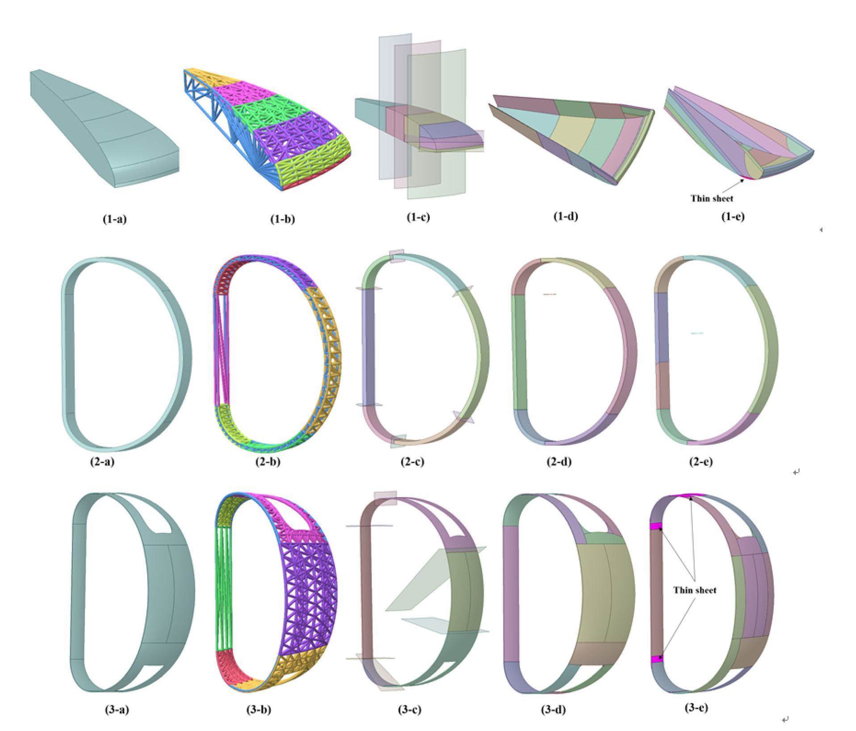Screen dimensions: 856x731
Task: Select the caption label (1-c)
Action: (418, 217)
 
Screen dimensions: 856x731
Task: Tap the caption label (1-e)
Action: (733, 217)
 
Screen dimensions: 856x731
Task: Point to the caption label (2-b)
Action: (268, 462)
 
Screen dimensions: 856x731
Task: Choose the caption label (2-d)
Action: (559, 462)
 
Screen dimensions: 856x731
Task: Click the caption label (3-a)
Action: (116, 710)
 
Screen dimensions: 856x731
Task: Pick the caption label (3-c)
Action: (409, 710)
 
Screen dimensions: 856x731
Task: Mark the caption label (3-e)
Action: (696, 708)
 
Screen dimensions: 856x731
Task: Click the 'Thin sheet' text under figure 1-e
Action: (712, 198)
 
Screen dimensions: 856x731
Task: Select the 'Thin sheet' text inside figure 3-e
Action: (695, 590)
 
